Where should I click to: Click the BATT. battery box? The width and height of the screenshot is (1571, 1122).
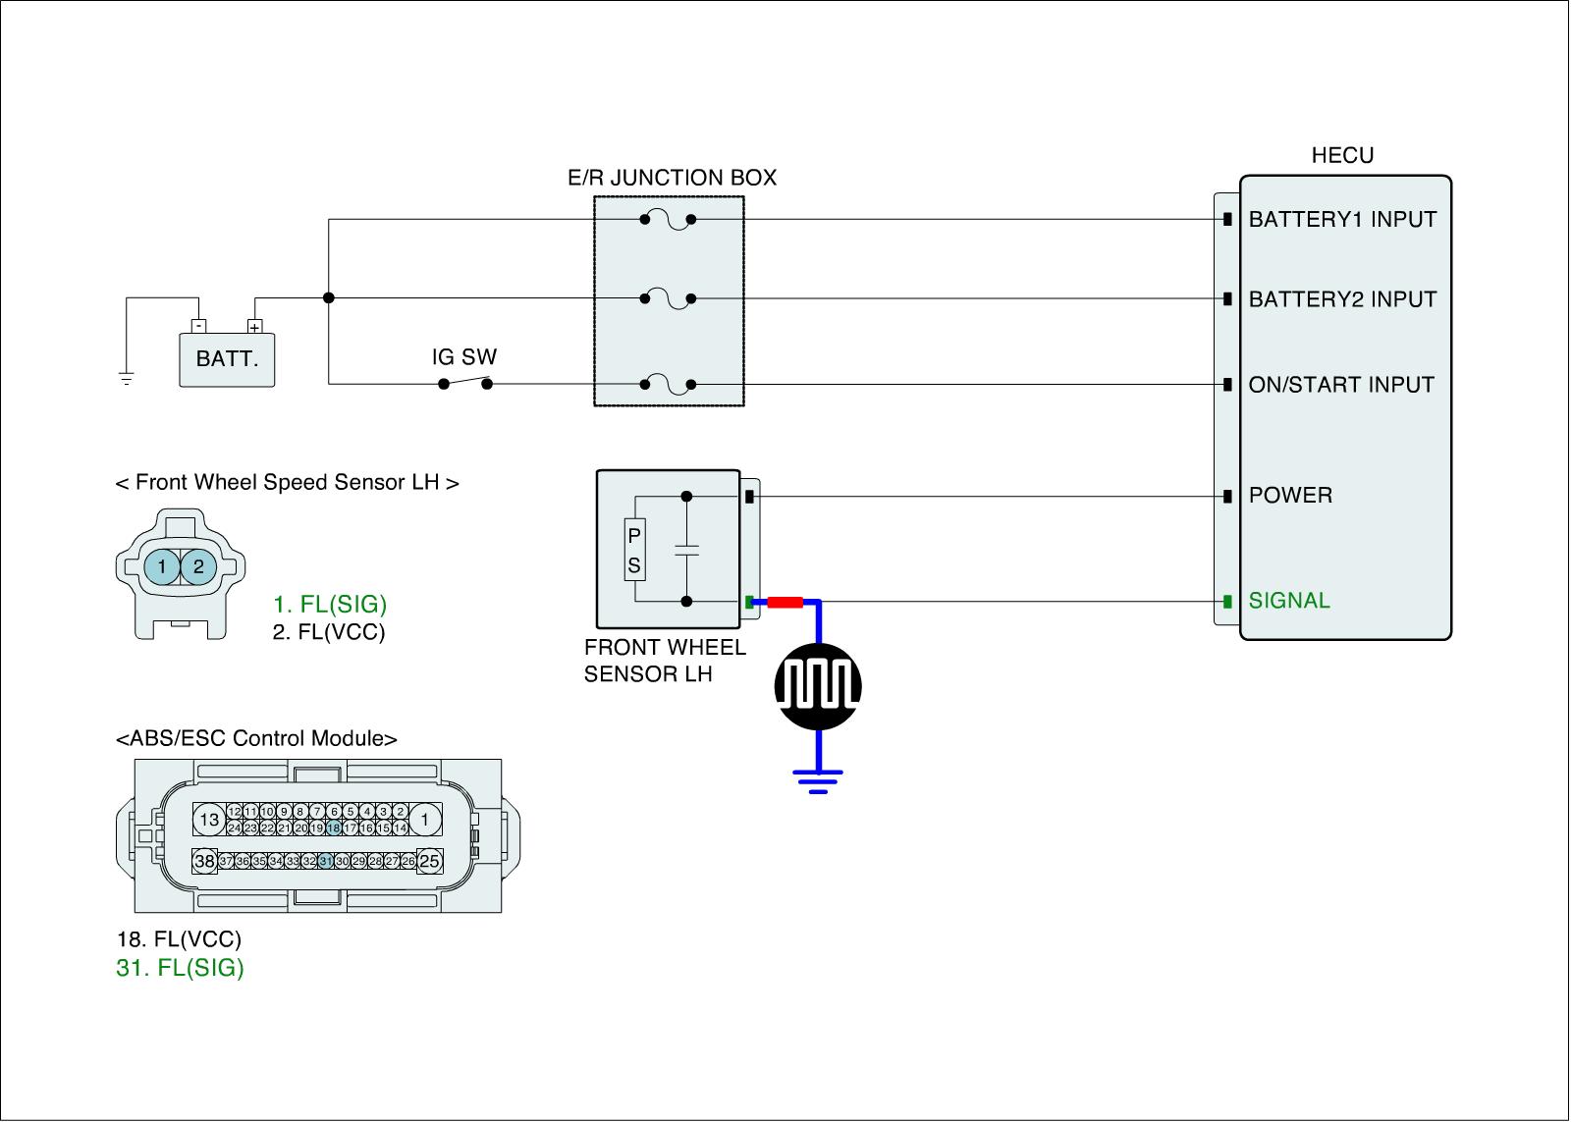point(227,359)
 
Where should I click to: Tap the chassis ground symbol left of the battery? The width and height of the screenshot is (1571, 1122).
point(127,379)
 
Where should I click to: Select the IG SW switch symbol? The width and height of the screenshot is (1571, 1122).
point(465,382)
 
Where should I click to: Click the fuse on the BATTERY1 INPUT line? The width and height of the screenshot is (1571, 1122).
point(668,220)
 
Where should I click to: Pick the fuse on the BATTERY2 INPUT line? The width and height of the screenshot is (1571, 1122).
point(668,298)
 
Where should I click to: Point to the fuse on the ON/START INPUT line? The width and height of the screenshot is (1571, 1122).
point(668,384)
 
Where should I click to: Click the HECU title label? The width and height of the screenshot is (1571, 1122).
point(1342,155)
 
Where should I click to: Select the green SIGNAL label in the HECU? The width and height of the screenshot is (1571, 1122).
point(1289,601)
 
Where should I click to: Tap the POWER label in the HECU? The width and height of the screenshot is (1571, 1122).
point(1290,495)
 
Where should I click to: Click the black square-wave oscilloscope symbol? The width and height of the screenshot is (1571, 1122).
point(818,686)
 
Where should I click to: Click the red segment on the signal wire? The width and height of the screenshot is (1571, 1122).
point(785,602)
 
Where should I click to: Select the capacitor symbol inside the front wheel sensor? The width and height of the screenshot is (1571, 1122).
point(686,549)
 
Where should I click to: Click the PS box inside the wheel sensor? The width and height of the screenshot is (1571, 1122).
point(634,550)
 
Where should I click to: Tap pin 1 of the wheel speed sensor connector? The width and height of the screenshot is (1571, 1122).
point(162,566)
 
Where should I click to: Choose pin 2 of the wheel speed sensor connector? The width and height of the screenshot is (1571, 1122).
point(198,566)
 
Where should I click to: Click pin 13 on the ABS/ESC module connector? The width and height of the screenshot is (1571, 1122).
point(209,819)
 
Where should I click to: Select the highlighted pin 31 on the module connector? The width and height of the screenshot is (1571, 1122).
point(325,861)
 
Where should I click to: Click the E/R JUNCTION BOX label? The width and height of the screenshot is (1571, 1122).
point(672,178)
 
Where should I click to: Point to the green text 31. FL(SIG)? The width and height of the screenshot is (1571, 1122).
point(180,968)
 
